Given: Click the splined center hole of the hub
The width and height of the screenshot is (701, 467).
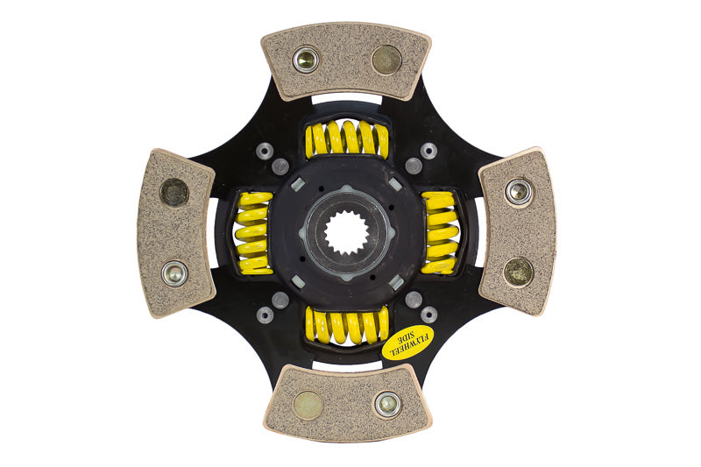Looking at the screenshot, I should coord(347,232).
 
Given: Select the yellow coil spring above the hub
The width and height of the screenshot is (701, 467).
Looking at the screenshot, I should coord(347,139).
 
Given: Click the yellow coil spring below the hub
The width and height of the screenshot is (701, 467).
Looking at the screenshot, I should coord(347,325).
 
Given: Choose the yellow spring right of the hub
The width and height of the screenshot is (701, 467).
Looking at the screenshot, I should coord(440,233).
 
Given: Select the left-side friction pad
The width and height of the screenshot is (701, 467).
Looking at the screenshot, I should coord(178,232).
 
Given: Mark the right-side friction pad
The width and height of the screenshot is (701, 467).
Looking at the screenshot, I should coord(517,230).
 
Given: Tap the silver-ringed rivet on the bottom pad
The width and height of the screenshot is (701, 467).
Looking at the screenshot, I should coord(386,404).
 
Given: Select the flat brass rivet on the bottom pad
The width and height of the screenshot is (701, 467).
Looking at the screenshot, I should coord(308,405).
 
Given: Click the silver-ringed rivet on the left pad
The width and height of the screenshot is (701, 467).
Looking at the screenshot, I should coord(175,272).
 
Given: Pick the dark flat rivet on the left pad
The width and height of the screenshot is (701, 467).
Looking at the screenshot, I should coord(175,192).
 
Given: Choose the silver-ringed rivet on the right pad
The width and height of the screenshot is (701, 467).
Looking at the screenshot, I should coord(518,191).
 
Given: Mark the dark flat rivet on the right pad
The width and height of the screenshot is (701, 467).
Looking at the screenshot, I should coord(518,271).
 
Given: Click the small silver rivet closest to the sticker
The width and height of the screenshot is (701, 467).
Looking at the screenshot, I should coord(428,314).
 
